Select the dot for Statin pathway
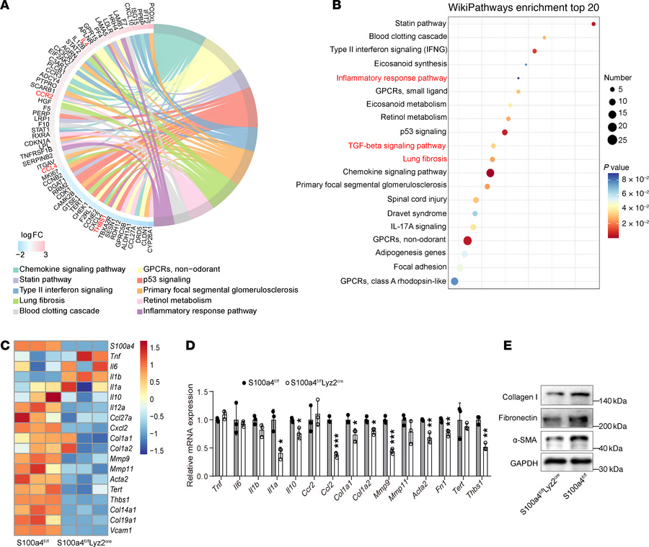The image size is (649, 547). [x=593, y=24]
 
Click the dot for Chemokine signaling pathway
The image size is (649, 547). [x=490, y=172]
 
